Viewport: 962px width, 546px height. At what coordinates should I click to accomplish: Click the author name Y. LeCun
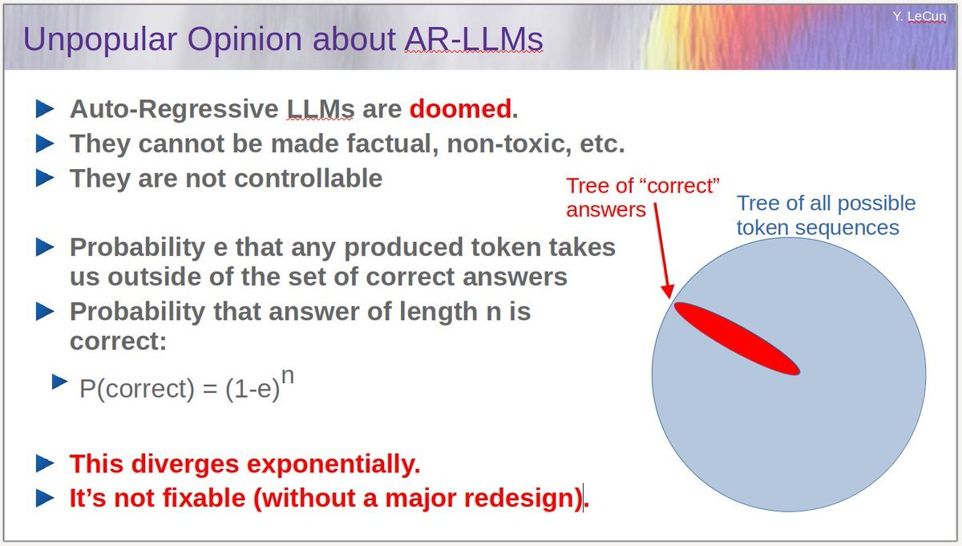919,15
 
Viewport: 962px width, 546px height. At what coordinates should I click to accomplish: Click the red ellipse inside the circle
736,338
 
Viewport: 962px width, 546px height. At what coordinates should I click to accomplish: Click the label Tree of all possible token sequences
826,216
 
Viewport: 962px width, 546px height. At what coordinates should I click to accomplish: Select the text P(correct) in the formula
137,389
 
